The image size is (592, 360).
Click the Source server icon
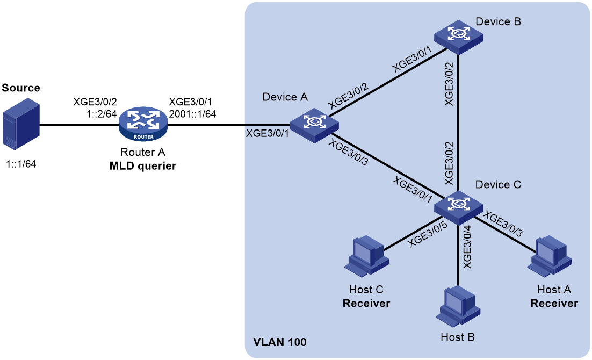(x=21, y=124)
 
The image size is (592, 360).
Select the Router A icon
(x=143, y=124)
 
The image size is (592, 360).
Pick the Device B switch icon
(x=458, y=37)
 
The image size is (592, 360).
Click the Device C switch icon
(x=458, y=207)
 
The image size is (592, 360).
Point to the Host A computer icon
(x=550, y=256)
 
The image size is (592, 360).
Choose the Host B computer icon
(x=458, y=306)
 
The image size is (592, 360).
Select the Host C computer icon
(x=366, y=256)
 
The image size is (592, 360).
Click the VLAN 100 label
(x=280, y=342)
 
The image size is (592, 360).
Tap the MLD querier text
(x=143, y=166)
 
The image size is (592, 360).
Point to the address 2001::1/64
(x=192, y=114)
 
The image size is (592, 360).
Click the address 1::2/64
(x=102, y=114)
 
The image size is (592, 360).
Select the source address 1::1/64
(x=21, y=164)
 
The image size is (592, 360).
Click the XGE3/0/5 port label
(x=428, y=235)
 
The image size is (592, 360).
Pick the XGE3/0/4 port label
(x=467, y=247)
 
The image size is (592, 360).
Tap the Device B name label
(x=498, y=22)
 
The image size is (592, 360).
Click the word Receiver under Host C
(x=366, y=304)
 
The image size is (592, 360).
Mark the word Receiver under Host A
(x=554, y=304)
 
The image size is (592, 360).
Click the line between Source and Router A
(x=80, y=124)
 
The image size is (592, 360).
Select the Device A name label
(x=285, y=97)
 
